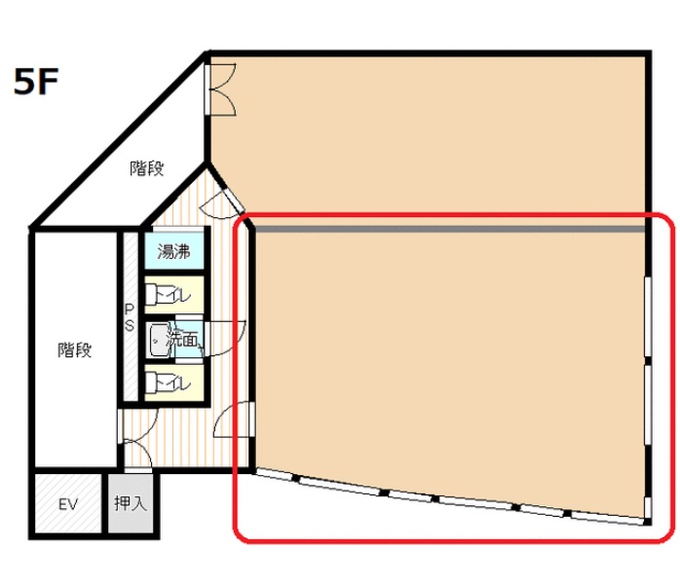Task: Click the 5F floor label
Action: click(x=36, y=82)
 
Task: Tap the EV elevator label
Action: click(x=67, y=504)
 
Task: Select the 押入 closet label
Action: click(x=131, y=503)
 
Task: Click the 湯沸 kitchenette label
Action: click(x=173, y=251)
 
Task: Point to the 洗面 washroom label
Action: click(x=182, y=340)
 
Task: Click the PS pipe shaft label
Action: click(x=130, y=317)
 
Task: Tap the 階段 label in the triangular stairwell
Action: click(x=147, y=168)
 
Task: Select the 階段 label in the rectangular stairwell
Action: click(x=75, y=350)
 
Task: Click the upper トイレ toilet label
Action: click(x=173, y=296)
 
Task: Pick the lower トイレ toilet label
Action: click(x=173, y=383)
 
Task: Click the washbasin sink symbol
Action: click(x=159, y=340)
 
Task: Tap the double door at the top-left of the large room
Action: click(x=221, y=90)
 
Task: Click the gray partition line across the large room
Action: click(x=450, y=229)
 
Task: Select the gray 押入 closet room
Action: click(x=131, y=503)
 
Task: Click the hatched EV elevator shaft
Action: click(x=68, y=503)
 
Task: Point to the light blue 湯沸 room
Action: click(x=173, y=251)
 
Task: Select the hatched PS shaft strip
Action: click(x=131, y=316)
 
